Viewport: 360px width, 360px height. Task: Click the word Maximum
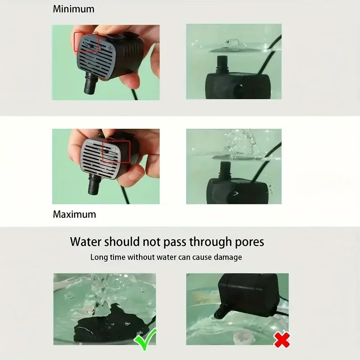74,214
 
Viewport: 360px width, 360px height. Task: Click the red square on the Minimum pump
86,42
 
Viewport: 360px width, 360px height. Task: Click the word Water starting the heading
86,242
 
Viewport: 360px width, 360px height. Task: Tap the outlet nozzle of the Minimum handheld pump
90,84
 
